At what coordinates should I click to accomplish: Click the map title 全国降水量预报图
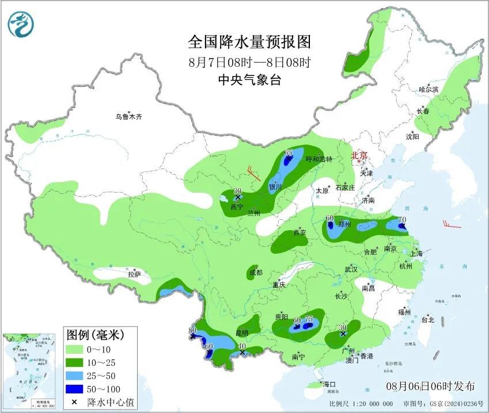coord(249,42)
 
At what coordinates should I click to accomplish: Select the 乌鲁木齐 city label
coord(128,117)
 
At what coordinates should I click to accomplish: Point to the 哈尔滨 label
coord(429,90)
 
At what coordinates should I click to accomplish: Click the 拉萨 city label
coord(134,275)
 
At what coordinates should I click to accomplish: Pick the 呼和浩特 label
coord(319,159)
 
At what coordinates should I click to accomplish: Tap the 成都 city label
coord(255,273)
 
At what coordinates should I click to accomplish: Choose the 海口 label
coord(329,384)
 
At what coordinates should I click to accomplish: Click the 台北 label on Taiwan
coord(428,319)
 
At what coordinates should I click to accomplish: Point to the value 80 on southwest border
coord(192,330)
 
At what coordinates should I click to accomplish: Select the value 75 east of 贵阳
coord(309,319)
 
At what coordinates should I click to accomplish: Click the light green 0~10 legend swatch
coord(75,349)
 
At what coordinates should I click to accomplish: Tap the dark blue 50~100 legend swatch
coord(75,390)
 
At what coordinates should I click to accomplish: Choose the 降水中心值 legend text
coord(110,402)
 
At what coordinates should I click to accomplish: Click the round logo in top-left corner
coord(21,24)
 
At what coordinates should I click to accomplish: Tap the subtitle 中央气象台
coord(249,81)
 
